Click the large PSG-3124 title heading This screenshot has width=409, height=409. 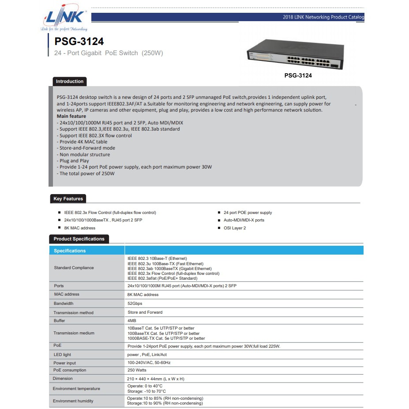pos(79,41)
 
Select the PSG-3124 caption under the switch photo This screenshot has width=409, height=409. pos(298,75)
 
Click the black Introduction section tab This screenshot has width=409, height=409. pos(69,82)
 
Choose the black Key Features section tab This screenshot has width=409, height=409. pos(68,199)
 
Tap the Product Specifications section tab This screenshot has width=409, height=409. pos(79,239)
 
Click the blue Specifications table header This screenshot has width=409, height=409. pos(70,251)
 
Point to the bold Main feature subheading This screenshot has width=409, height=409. pos(71,116)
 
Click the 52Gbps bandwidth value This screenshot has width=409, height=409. pos(135,304)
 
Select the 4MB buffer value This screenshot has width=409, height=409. pos(132,321)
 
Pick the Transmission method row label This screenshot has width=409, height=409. pos(74,313)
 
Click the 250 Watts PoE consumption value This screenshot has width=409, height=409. pos(137,370)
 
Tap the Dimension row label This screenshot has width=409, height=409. pos(63,379)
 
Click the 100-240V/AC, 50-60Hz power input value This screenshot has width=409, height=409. pos(149,363)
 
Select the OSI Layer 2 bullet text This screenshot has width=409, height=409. pos(235,228)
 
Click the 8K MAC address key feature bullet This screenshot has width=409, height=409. pos(79,228)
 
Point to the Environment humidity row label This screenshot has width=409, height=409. pos(73,401)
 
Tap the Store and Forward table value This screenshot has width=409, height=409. pos(145,312)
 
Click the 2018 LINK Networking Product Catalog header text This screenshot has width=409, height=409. pos(323,18)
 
